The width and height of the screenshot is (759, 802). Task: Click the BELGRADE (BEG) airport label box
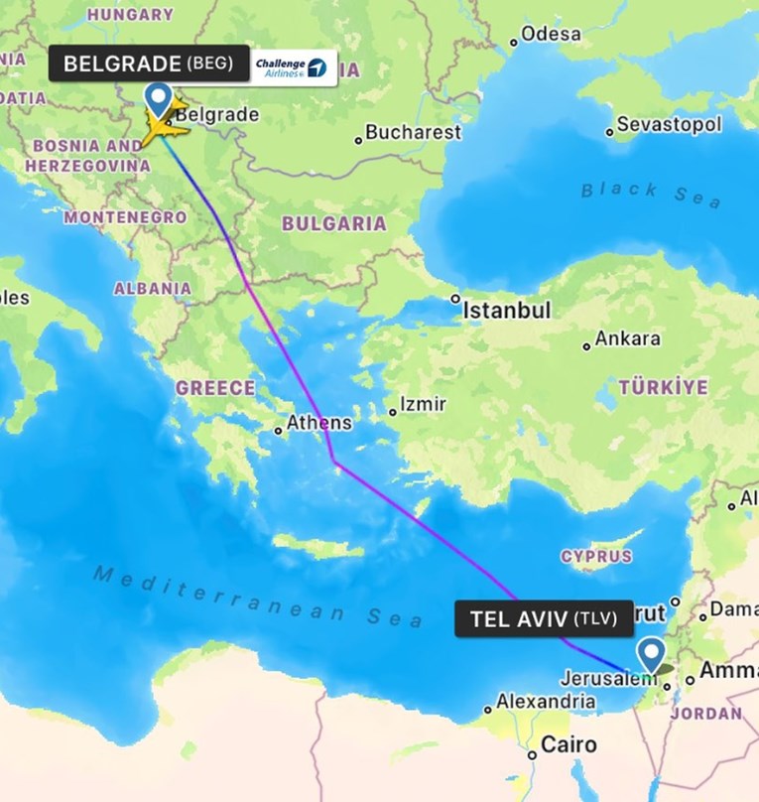[x=148, y=65]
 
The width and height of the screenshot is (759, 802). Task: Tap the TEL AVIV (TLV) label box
[x=536, y=619]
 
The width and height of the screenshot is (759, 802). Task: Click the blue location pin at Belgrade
[x=158, y=99]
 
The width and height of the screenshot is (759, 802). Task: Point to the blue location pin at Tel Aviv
[x=651, y=655]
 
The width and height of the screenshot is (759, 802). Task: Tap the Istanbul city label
[x=506, y=311]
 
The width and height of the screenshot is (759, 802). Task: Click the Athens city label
[x=318, y=423]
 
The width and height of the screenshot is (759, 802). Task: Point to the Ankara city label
[x=627, y=338]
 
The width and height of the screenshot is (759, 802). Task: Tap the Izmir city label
[x=423, y=405]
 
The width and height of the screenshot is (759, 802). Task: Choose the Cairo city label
[x=569, y=744]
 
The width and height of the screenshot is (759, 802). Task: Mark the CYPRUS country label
[x=596, y=556]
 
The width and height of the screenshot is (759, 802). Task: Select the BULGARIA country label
[x=334, y=223]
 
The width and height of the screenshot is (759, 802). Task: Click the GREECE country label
[x=215, y=388]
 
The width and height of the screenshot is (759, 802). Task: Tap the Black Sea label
[x=651, y=193]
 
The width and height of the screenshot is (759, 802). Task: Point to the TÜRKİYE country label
[x=664, y=387]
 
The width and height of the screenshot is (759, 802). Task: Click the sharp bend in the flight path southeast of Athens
[x=334, y=463]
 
